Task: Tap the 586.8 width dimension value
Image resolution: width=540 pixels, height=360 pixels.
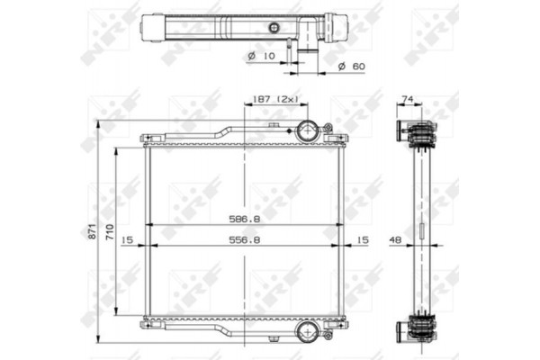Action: (245, 219)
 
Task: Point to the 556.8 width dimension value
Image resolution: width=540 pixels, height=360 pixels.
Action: (245, 240)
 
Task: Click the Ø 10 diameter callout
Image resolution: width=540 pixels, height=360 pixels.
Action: (260, 56)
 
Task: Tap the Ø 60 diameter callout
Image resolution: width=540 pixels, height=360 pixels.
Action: (353, 66)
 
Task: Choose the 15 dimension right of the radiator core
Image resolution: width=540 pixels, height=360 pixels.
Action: (363, 240)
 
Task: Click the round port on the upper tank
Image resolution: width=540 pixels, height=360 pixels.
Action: (309, 131)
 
